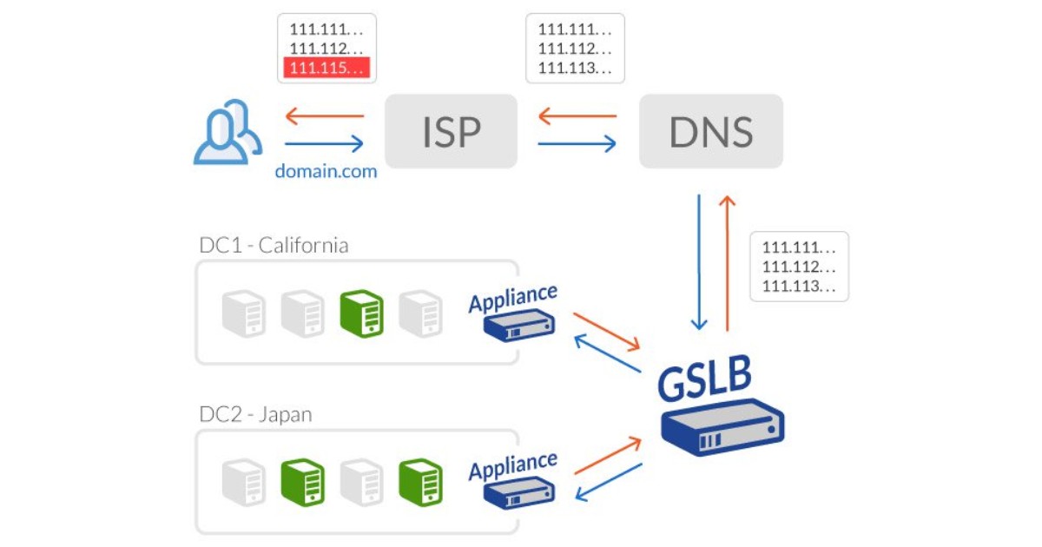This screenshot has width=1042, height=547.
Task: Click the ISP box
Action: [451, 131]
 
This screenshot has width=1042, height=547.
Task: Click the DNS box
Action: [710, 131]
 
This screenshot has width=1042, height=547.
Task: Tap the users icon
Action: [227, 132]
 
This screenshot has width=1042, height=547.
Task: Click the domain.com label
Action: [326, 171]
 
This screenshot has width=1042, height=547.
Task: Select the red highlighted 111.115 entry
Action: [325, 68]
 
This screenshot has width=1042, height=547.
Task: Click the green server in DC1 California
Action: [361, 313]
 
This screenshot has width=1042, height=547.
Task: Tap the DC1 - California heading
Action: [274, 246]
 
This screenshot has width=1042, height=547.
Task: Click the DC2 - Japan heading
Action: [255, 414]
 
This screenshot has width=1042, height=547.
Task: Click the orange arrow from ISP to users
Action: [325, 115]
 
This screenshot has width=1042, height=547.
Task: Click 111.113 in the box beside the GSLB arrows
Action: [798, 286]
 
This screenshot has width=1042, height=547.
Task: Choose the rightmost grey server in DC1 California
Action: [420, 313]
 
